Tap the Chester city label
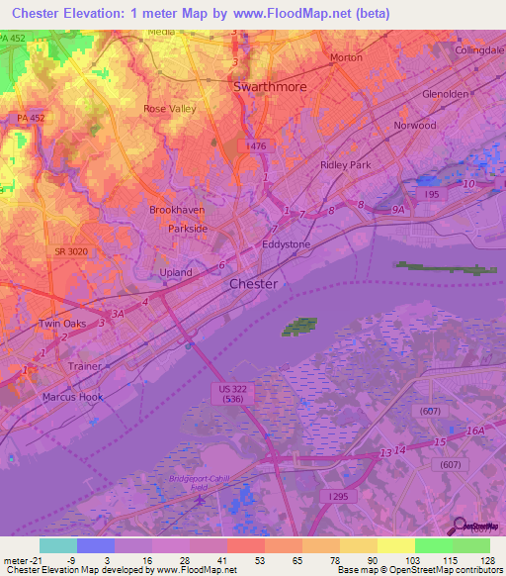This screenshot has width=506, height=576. (x=253, y=284)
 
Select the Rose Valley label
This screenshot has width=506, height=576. (x=170, y=109)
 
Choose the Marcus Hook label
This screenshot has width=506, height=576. (x=73, y=397)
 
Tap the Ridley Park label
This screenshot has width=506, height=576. (x=345, y=165)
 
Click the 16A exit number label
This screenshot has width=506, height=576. (x=476, y=431)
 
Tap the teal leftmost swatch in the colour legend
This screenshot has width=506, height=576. (x=57, y=545)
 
